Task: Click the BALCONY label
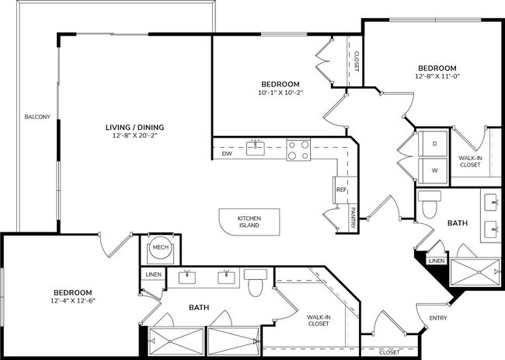click(x=37, y=117)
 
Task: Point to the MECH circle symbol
click(x=160, y=248)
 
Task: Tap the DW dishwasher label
click(x=227, y=154)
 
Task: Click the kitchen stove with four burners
click(x=298, y=149)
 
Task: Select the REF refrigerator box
click(x=341, y=189)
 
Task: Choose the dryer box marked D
click(x=434, y=144)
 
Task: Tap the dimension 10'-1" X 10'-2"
click(x=280, y=93)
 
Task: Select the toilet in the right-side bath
click(x=429, y=204)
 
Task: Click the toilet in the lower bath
click(x=256, y=282)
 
